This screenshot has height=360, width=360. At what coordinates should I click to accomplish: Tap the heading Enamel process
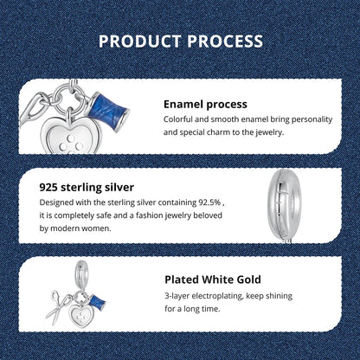(205, 104)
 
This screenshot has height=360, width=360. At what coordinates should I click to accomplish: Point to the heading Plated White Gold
(214, 280)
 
